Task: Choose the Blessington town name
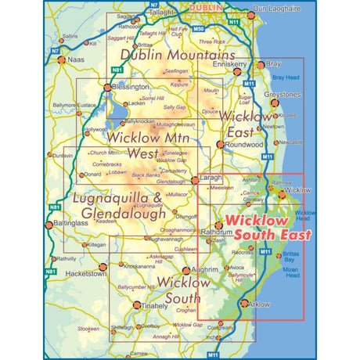click(128, 89)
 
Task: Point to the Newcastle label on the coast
click(294, 142)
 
